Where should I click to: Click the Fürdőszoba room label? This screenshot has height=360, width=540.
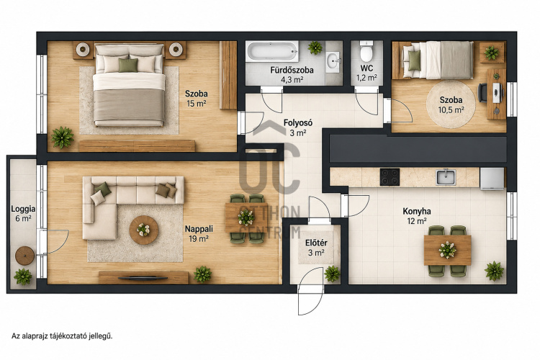pyautogui.click(x=292, y=71)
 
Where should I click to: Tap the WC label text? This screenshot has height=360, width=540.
pyautogui.click(x=366, y=68)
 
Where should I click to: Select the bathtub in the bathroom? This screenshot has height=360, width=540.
pyautogui.click(x=273, y=51)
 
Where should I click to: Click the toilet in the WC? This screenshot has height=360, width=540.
pyautogui.click(x=366, y=51)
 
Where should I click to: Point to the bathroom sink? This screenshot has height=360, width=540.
pyautogui.click(x=333, y=62)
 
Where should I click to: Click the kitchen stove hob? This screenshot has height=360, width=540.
pyautogui.click(x=390, y=177)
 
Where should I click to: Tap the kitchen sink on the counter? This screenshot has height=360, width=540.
pyautogui.click(x=446, y=177)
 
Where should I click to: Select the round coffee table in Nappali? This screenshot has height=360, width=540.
pyautogui.click(x=143, y=230)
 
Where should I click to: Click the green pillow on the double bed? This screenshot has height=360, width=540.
pyautogui.click(x=128, y=65)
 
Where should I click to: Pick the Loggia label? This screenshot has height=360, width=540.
pyautogui.click(x=23, y=209)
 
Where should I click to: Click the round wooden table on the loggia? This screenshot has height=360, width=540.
pyautogui.click(x=24, y=256)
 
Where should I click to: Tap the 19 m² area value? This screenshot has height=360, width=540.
pyautogui.click(x=199, y=238)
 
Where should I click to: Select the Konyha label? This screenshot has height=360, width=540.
pyautogui.click(x=417, y=211)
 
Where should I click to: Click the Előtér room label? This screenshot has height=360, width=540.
pyautogui.click(x=316, y=243)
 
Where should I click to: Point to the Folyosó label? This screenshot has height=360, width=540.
pyautogui.click(x=298, y=122)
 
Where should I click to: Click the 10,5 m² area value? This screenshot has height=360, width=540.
pyautogui.click(x=451, y=110)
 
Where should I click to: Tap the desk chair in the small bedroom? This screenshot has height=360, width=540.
pyautogui.click(x=482, y=93)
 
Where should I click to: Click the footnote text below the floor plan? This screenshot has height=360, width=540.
pyautogui.click(x=62, y=336)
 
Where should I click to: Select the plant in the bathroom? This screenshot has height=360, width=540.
pyautogui.click(x=315, y=48)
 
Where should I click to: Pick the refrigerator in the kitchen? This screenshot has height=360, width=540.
pyautogui.click(x=492, y=179)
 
